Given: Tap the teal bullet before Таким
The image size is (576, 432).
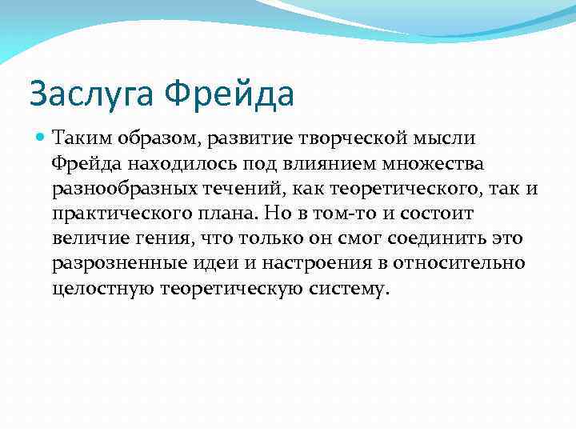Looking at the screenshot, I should (x=41, y=138).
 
